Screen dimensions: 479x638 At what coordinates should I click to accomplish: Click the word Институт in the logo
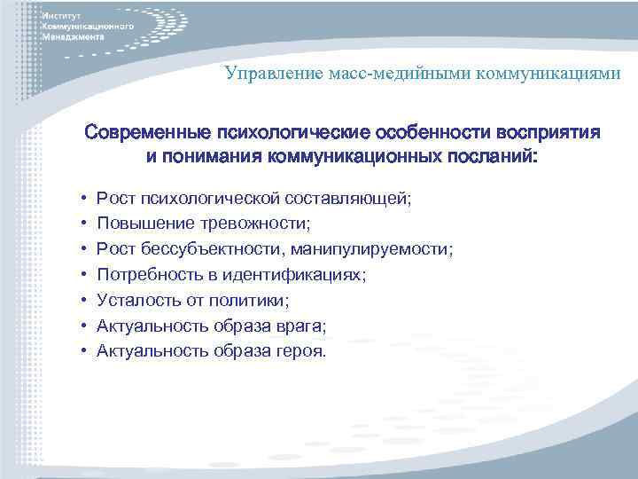pyautogui.click(x=61, y=17)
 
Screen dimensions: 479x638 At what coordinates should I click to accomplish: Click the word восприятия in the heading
pyautogui.click(x=551, y=133)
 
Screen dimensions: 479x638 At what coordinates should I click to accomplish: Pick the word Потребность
pyautogui.click(x=147, y=276)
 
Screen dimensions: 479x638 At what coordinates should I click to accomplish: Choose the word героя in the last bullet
pyautogui.click(x=303, y=351)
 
